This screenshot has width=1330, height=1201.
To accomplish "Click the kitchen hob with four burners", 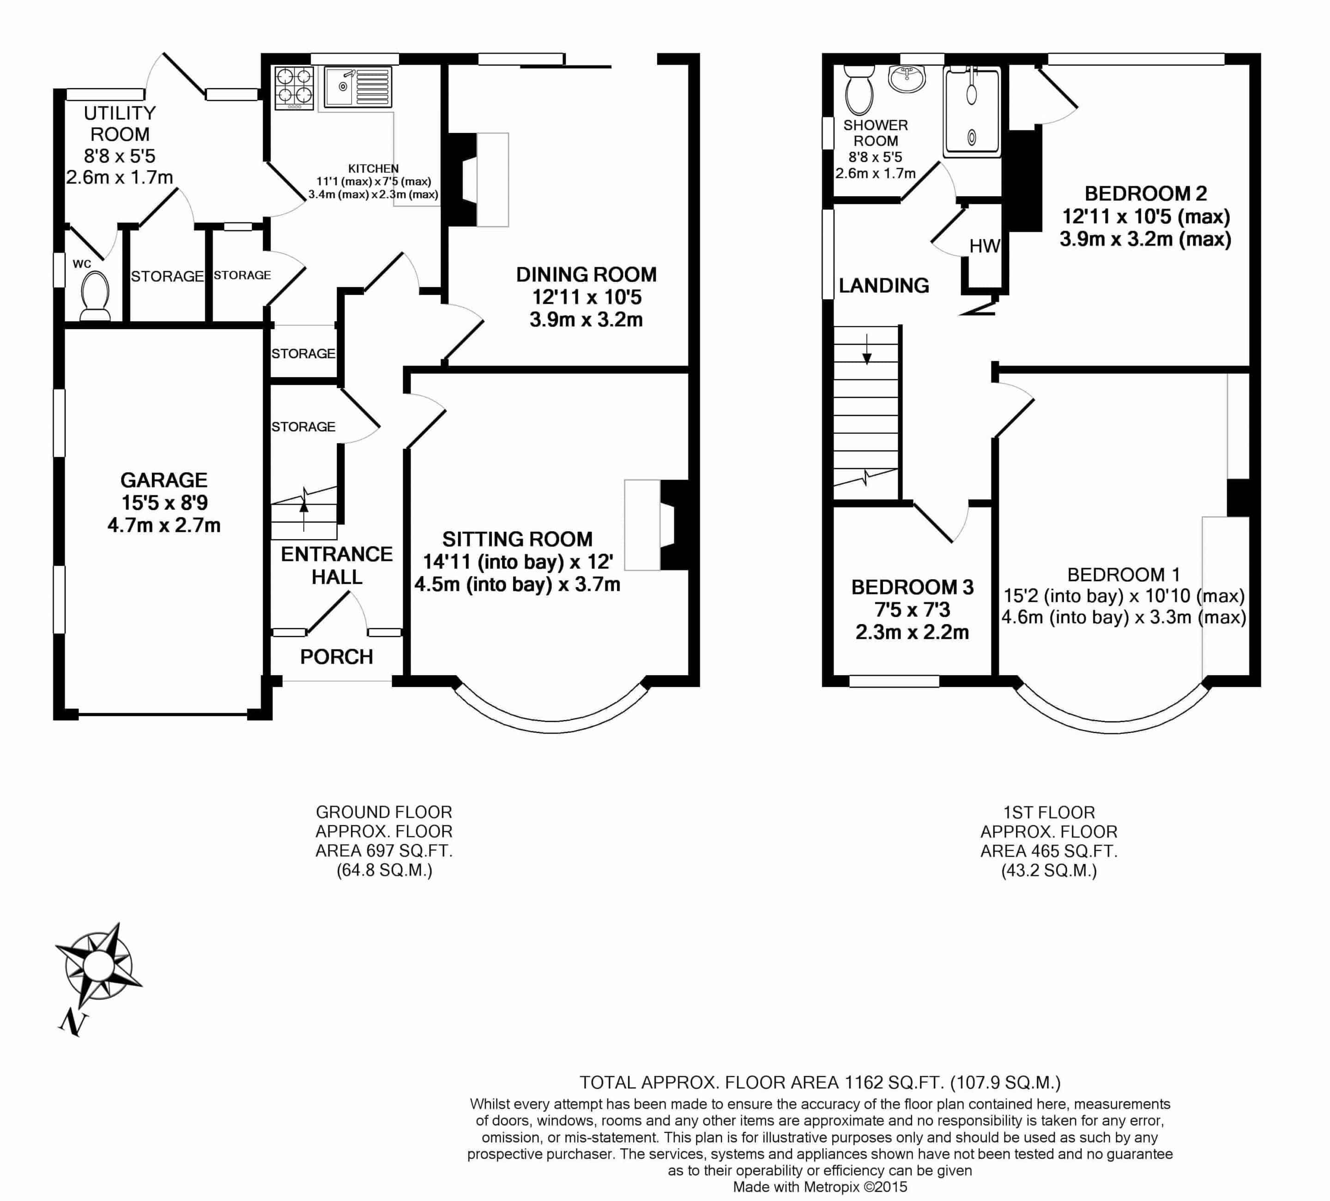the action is (x=294, y=88).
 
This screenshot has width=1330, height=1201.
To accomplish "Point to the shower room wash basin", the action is (x=907, y=78).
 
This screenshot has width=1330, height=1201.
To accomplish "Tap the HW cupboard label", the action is (x=984, y=246).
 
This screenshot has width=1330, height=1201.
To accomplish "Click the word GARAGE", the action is (x=163, y=480).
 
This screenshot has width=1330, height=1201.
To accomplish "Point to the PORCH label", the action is (x=337, y=656).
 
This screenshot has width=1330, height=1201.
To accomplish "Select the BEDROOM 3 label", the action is (x=913, y=587).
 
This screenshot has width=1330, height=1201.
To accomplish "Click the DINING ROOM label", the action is (x=586, y=274).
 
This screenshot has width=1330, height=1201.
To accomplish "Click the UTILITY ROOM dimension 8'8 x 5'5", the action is (x=120, y=156).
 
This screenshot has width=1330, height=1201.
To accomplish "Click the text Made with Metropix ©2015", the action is (x=820, y=1187).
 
